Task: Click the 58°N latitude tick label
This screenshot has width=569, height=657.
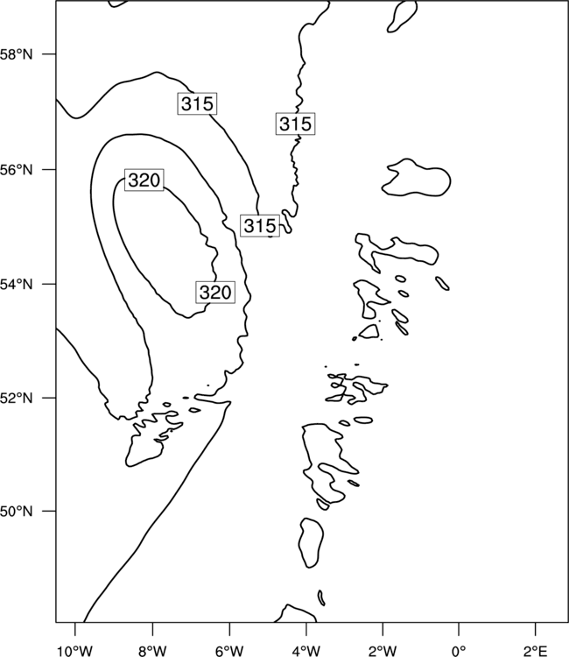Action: pyautogui.click(x=16, y=54)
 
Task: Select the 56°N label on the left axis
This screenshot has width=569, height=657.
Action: pyautogui.click(x=16, y=170)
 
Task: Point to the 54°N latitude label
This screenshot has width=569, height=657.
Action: pyautogui.click(x=16, y=285)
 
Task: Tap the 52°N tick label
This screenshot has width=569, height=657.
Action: pyautogui.click(x=16, y=398)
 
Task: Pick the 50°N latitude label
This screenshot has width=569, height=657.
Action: pyautogui.click(x=16, y=512)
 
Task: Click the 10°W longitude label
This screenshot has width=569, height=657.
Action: pyautogui.click(x=74, y=650)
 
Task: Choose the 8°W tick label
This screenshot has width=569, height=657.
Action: pyautogui.click(x=152, y=650)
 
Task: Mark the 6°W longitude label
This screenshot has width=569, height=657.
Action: pyautogui.click(x=229, y=650)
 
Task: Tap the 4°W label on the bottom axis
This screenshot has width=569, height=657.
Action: pyautogui.click(x=306, y=650)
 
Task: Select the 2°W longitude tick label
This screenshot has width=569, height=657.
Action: pyautogui.click(x=383, y=650)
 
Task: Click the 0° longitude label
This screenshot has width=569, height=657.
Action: pyautogui.click(x=459, y=650)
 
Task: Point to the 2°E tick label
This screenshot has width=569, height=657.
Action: pyautogui.click(x=536, y=650)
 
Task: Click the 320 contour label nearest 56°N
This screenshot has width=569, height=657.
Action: pyautogui.click(x=144, y=180)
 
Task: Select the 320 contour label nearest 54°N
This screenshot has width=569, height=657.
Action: pyautogui.click(x=215, y=292)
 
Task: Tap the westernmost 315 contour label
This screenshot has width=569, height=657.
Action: pyautogui.click(x=197, y=103)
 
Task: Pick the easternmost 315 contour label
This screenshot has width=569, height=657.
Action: pyautogui.click(x=295, y=124)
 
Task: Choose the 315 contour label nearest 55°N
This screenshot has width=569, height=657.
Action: pyautogui.click(x=260, y=226)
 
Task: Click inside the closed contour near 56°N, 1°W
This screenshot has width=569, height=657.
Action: pyautogui.click(x=418, y=180)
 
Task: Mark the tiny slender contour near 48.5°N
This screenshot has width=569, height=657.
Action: pyautogui.click(x=321, y=598)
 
